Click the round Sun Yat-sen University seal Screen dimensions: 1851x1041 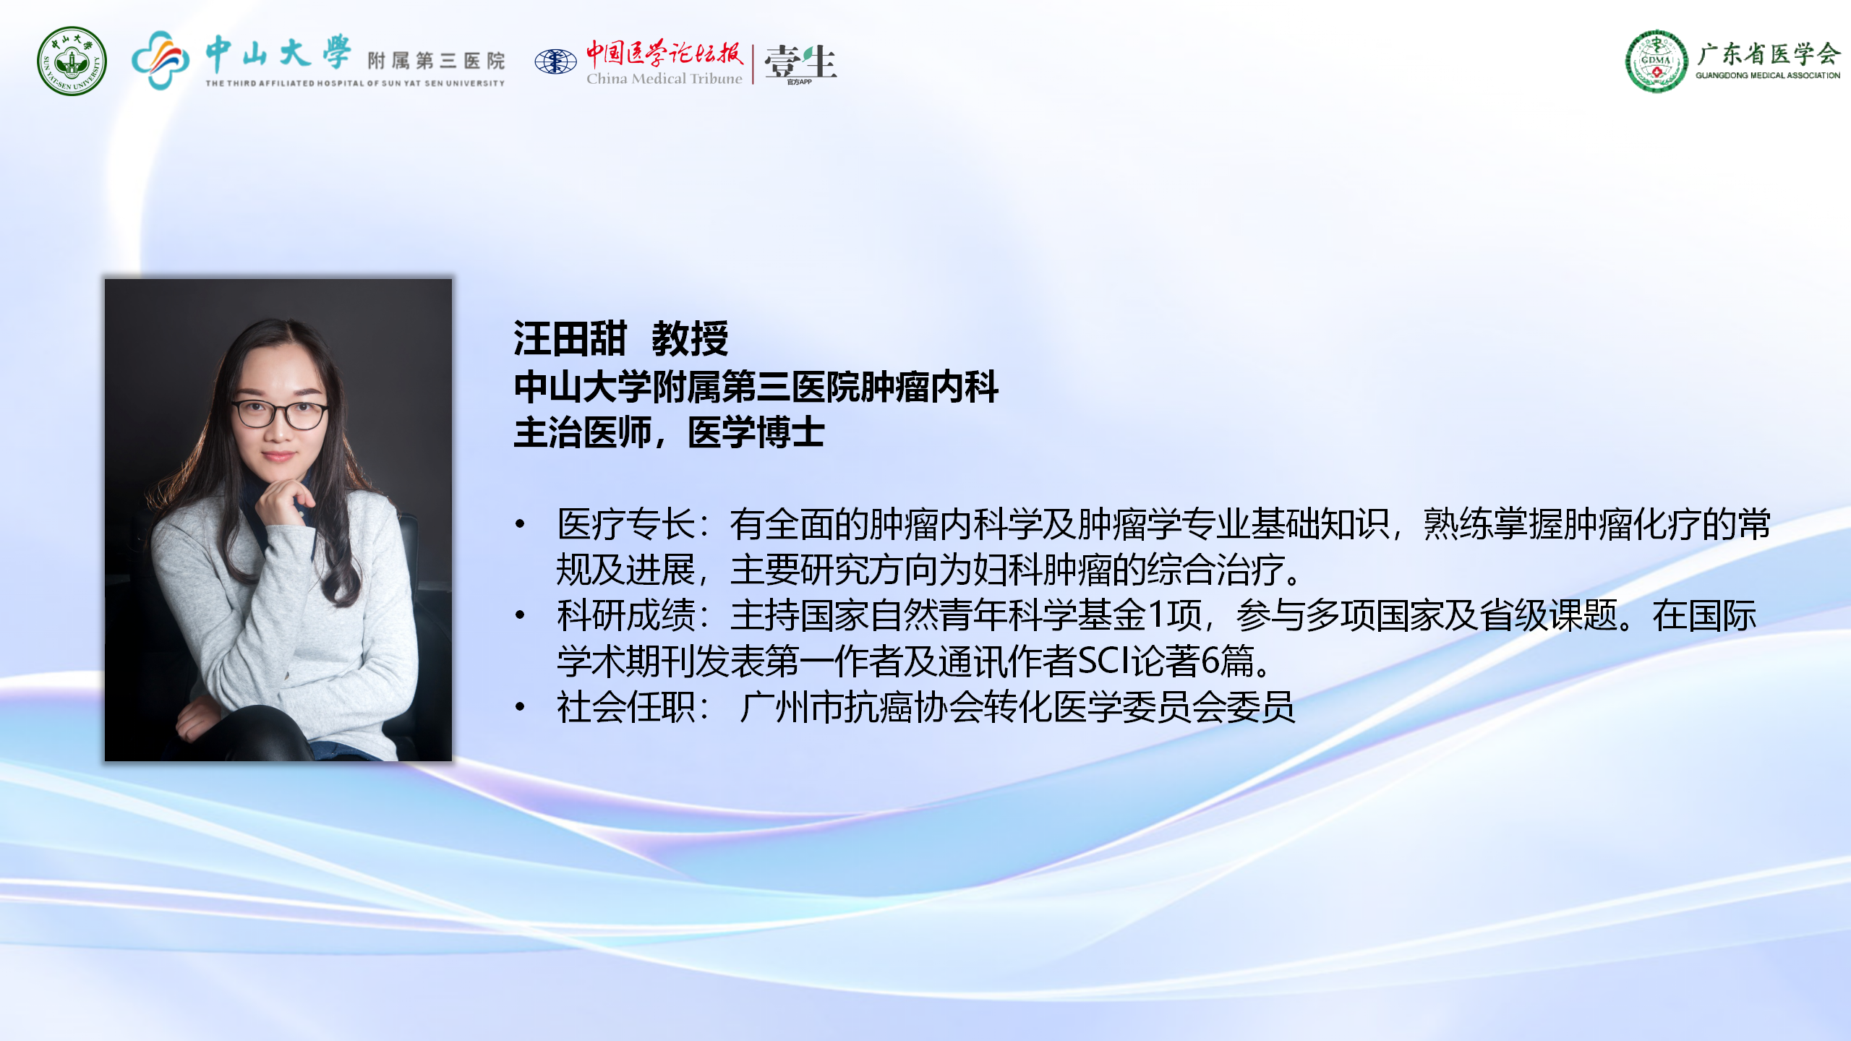(72, 61)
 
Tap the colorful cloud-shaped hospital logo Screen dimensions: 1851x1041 (161, 60)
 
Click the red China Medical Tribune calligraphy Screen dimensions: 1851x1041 (664, 53)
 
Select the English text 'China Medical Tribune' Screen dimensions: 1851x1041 (664, 78)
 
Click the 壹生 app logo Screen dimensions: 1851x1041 (800, 62)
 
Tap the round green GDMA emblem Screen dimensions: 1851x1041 (1657, 61)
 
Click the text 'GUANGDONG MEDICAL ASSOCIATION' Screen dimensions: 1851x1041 (1768, 75)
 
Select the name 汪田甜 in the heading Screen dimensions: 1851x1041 (570, 338)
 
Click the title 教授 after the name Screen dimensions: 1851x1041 (690, 338)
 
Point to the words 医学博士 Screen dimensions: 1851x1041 (756, 432)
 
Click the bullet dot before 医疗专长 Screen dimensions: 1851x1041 (520, 524)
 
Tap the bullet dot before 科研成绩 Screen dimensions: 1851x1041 (520, 615)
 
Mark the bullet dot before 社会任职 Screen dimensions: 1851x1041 (520, 706)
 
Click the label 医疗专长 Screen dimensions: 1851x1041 (626, 524)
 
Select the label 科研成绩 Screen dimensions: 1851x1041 (626, 615)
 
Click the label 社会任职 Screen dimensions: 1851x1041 (626, 706)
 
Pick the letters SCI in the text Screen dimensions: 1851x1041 (1104, 661)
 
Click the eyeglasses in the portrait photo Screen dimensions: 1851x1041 (280, 414)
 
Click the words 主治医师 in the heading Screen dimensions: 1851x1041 (583, 432)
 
